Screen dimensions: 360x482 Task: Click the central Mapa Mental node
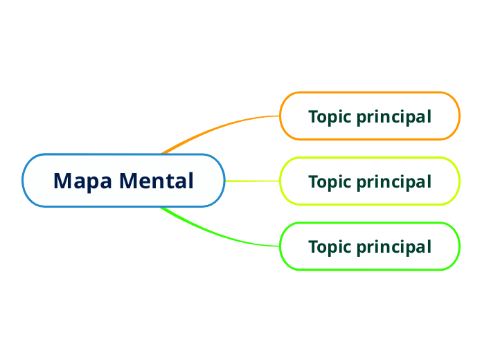pos(123,181)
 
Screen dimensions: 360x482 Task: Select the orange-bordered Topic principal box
pos(370,116)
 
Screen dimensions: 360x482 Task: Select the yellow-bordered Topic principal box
pos(370,181)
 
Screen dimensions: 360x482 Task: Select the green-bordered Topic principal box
pos(370,246)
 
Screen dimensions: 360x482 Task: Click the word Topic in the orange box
pos(330,117)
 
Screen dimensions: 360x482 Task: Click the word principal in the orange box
pos(393,117)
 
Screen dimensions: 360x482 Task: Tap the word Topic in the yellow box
pos(330,182)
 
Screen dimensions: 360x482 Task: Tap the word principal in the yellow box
pos(393,182)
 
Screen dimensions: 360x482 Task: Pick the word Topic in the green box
pos(330,247)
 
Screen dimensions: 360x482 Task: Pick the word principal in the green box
pos(393,247)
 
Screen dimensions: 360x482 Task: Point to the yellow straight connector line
pos(252,181)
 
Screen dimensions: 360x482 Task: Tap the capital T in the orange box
pos(313,116)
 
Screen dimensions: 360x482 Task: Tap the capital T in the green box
pos(313,246)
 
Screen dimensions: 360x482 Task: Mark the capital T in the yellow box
pos(313,181)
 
